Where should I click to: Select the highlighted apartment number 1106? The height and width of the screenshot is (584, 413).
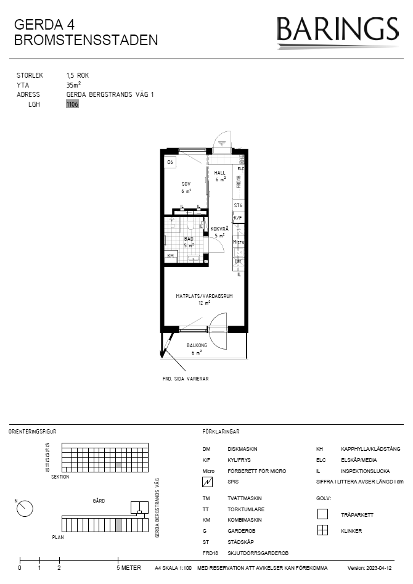click(x=73, y=104)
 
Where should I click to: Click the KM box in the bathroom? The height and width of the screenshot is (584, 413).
click(x=171, y=256)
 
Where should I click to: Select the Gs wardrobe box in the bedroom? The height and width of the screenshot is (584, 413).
click(x=171, y=162)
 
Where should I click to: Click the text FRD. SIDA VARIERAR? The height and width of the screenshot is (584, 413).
click(x=185, y=378)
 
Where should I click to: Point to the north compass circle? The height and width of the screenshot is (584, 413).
click(x=25, y=508)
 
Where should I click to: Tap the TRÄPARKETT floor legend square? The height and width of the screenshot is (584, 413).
click(x=322, y=514)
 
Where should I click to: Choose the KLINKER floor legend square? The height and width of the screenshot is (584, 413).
click(x=322, y=530)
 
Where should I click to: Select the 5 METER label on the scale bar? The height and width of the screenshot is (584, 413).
click(x=128, y=568)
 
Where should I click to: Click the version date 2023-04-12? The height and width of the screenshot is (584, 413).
click(x=378, y=568)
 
